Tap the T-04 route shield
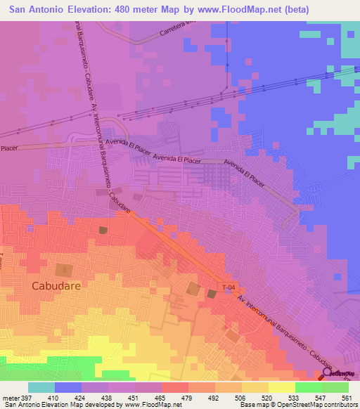tap(229, 287)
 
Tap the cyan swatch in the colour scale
tap(41, 387)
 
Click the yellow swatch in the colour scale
tap(282, 387)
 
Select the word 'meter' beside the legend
tap(8, 397)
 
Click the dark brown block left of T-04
tap(212, 293)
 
